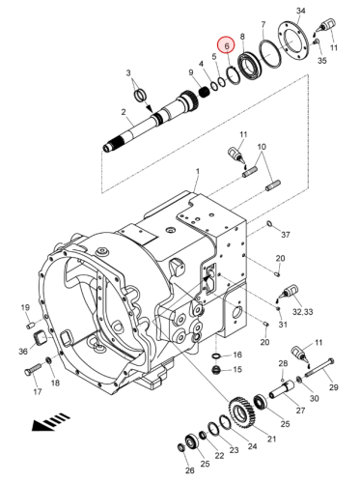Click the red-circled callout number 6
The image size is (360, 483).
227,45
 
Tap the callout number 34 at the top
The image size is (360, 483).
300,11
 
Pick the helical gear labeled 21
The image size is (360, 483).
241,412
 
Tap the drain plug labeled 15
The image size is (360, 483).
216,370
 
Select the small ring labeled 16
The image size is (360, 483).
216,355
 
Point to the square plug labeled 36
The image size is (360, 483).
41,338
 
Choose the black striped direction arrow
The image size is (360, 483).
50,421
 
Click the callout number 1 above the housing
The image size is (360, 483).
198,171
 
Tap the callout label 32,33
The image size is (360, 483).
303,312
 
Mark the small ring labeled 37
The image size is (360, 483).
269,223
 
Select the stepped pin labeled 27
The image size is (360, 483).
282,389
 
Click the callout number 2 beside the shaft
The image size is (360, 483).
124,112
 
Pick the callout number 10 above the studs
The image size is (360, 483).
262,147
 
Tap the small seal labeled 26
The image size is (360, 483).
181,447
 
